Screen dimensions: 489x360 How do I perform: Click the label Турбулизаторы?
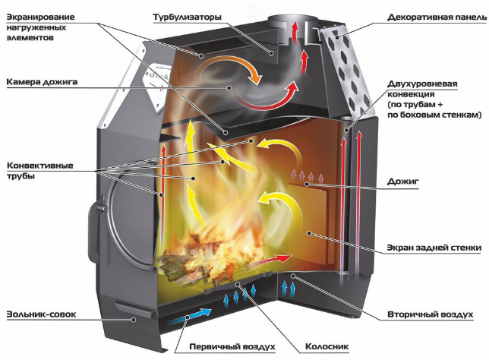pos(187,17)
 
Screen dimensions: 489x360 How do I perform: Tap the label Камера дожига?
pos(42,82)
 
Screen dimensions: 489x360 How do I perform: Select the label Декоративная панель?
pos(437,17)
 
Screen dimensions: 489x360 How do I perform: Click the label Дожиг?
pos(403,182)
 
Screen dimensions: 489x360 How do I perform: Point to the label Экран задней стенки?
pos(434,248)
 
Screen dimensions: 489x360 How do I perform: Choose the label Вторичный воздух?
pos(431,314)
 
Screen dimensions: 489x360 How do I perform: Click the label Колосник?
pos(327,346)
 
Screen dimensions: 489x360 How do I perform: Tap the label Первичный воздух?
pos(232,346)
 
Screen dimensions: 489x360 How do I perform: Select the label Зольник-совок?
pos(41,314)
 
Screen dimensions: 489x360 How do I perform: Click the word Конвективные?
pos(40,165)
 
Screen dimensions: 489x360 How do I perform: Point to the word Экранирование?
pos(40,17)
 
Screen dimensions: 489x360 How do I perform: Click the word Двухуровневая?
pos(422,84)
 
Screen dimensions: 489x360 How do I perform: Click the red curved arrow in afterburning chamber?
pos(265,99)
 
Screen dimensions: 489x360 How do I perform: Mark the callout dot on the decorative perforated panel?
pos(337,37)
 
